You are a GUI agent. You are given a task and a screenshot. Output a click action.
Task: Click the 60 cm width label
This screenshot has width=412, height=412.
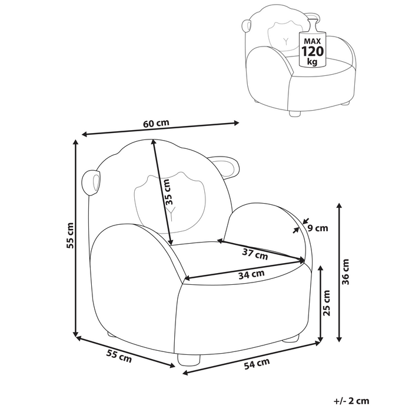[156, 123]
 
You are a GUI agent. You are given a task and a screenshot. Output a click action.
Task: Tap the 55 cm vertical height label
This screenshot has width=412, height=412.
[70, 235]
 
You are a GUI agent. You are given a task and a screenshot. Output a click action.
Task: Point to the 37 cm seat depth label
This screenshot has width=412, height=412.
[256, 254]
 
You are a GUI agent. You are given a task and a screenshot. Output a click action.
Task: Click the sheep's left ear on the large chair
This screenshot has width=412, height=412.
[92, 183]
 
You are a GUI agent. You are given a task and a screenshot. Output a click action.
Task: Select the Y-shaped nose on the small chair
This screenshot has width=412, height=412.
[286, 41]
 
